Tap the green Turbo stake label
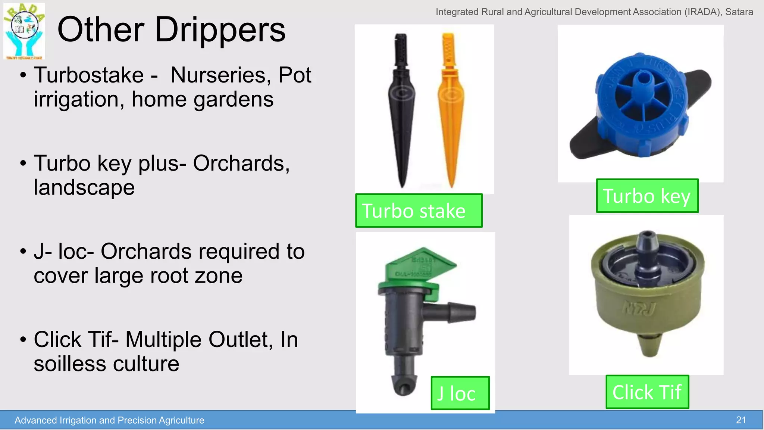419,211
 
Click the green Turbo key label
647,196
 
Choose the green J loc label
460,393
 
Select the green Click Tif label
647,392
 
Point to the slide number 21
741,420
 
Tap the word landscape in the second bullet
84,187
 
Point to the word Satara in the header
739,12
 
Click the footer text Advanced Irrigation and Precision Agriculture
109,420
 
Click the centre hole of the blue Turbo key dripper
642,78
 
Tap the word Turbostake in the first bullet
89,75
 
